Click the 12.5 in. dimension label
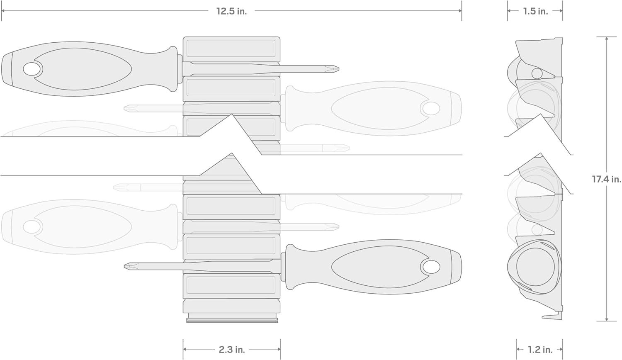click(231, 11)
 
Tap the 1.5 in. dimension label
click(536, 11)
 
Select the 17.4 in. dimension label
click(606, 179)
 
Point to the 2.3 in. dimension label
click(232, 350)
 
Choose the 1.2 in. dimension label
click(540, 350)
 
